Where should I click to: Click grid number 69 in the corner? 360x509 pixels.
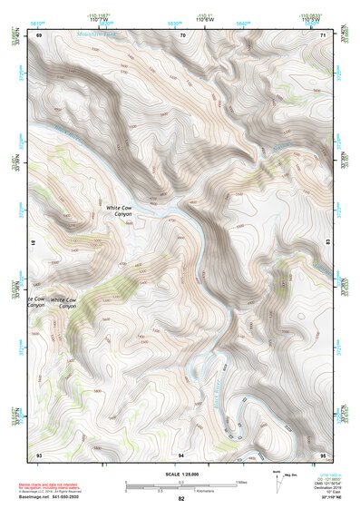[38, 34]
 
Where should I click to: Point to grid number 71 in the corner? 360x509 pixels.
[324, 34]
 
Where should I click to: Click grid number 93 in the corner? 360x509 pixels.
[38, 453]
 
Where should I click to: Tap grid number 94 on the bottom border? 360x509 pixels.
[181, 453]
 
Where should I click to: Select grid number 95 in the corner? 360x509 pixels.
[323, 453]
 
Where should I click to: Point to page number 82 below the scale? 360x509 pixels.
[181, 499]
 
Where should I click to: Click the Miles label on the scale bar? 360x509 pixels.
[241, 481]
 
